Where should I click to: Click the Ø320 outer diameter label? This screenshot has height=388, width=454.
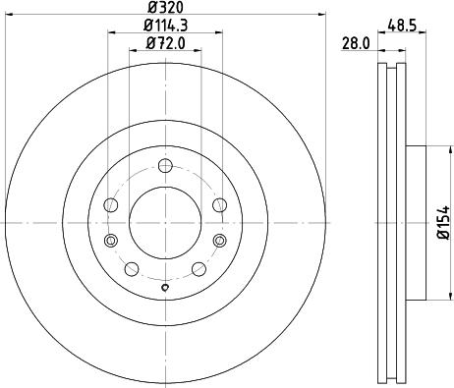pos(163,8)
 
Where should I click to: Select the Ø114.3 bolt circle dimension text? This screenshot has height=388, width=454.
pos(163,25)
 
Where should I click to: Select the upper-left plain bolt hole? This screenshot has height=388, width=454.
pos(111,204)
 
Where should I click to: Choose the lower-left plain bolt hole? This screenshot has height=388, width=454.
pos(130,266)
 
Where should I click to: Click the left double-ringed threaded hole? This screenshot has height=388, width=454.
pos(110,241)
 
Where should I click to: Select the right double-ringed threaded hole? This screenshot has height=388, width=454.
pos(217,241)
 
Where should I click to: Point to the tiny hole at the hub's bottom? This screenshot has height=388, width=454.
pos(164,288)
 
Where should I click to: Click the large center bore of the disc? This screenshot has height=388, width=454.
pos(164,224)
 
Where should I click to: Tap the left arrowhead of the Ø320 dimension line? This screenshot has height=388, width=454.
pos(8,15)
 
